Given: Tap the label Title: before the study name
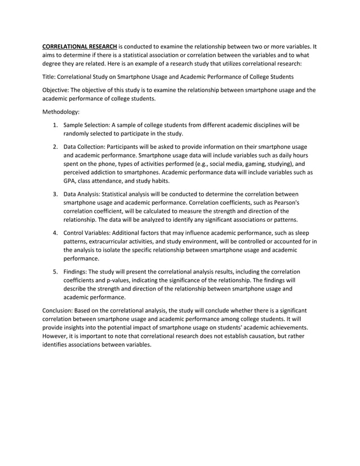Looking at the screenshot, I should tap(51, 77).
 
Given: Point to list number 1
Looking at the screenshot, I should tap(55, 125).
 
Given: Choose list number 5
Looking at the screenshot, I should tap(55, 271).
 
